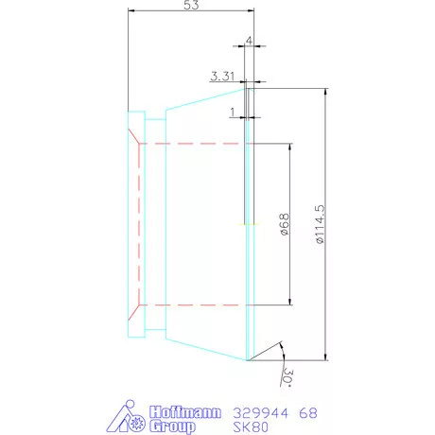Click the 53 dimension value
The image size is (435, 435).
191,5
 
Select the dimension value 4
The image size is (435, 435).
249,41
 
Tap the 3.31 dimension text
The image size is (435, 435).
222,77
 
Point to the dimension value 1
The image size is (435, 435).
233,112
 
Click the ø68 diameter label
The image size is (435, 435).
284,224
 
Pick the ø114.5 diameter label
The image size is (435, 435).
320,224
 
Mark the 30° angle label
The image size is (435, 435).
287,376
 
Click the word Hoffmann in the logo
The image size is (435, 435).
185,412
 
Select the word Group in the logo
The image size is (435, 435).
172,426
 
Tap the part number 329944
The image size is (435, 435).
260,413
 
